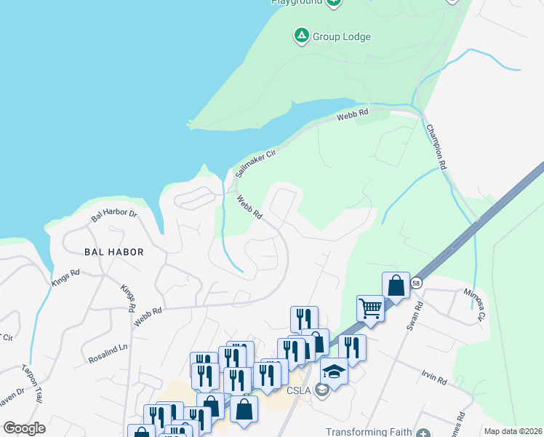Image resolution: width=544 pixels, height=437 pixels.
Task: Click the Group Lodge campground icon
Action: [300, 35]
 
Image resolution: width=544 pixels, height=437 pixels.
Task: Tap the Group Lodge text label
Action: [342, 36]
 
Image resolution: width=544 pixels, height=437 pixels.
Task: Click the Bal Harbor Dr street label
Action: [114, 215]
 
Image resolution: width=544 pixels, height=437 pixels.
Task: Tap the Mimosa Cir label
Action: [474, 304]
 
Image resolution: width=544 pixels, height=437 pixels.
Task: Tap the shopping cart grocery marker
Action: [371, 309]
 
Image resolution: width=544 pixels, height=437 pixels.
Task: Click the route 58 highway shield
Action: [415, 282]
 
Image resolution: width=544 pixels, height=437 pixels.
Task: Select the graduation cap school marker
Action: [334, 371]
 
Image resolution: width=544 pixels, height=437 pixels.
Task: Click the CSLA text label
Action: [299, 390]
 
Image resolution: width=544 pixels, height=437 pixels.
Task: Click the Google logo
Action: [24, 428]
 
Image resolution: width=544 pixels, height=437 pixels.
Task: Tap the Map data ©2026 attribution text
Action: [513, 431]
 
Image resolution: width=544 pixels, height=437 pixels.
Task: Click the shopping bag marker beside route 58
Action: [396, 285]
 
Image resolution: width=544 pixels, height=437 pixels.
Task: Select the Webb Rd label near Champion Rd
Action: [353, 114]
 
